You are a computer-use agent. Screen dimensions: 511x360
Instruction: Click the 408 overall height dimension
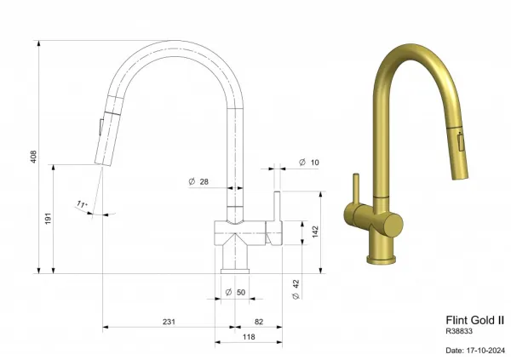point(33,157)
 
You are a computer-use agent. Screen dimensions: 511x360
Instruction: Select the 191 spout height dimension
point(49,218)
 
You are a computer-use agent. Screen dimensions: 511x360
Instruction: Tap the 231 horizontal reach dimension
point(169,322)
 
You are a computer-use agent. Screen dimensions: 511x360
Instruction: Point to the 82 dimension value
point(259,322)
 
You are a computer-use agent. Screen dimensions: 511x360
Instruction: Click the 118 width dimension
point(249,337)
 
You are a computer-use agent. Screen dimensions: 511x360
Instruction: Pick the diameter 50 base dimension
point(235,292)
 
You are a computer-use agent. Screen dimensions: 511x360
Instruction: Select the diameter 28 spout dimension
point(198,181)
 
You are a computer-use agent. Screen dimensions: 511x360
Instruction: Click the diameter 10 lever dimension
point(309,163)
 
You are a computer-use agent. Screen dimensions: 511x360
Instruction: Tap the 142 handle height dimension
point(315,231)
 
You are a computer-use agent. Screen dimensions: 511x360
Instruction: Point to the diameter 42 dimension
point(296,289)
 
